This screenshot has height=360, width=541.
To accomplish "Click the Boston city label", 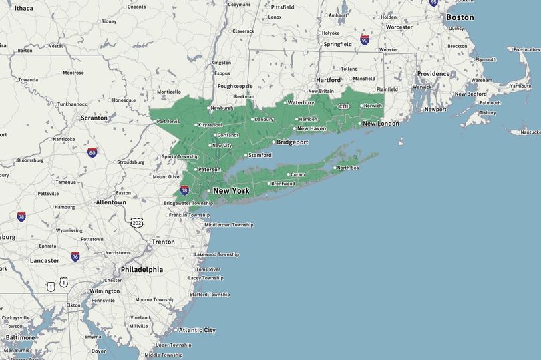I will pos(460,17).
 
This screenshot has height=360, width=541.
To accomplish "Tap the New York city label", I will pos(231,191).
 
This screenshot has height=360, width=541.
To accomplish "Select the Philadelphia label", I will pos(142,270).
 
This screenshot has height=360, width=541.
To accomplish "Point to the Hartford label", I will pos(329,80).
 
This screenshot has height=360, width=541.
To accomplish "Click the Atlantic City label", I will pos(197,330).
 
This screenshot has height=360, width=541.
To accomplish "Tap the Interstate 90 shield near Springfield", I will pos(365,40).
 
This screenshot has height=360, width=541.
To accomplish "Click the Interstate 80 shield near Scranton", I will pos(92,152).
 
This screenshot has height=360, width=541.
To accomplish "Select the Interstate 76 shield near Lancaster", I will pos(75,256).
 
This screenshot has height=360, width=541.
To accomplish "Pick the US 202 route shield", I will pos(137,222).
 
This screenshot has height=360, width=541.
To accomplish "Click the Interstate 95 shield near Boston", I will pos(433,3).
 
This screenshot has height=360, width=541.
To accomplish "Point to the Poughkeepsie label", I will pos(235,86).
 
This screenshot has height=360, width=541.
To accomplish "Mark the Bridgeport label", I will pos(293,142).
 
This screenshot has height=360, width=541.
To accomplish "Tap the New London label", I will pos(381,124).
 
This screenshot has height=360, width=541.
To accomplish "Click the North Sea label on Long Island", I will pos(348,168).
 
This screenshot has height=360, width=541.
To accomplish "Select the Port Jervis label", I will pos(169,121).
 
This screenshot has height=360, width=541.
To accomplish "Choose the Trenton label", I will pos(163,242).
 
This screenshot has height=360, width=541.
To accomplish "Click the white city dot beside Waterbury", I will pos(285,103).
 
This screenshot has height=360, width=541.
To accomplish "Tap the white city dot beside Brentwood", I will pos(268,184).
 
